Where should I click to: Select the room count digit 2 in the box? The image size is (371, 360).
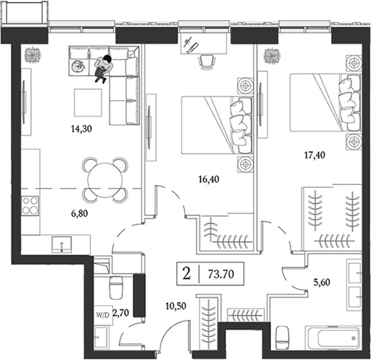[185, 274]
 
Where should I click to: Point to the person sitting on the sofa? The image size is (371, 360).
[103, 67]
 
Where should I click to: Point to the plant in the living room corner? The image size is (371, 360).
[31, 54]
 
